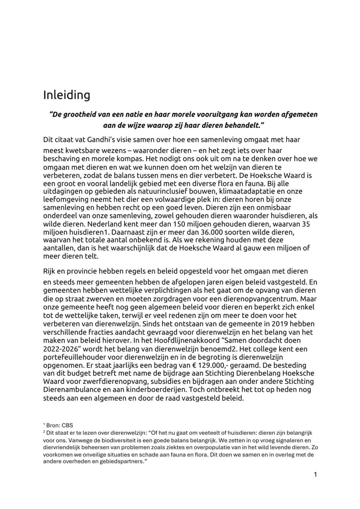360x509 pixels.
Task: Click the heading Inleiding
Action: click(67, 95)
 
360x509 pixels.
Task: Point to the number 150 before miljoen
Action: click(179, 224)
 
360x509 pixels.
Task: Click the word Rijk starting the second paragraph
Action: click(50, 271)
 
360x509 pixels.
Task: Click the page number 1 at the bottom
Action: click(315, 475)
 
